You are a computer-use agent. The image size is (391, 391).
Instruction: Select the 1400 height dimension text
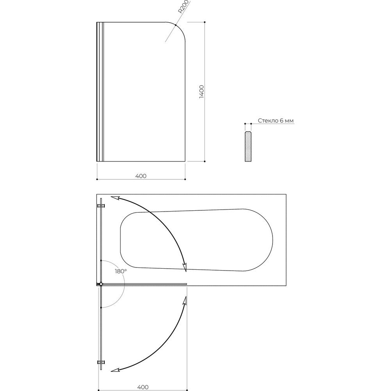[x=201, y=91]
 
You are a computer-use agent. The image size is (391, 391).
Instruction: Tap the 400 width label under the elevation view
[x=141, y=176]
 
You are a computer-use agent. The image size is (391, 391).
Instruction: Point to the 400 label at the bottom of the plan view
[x=143, y=387]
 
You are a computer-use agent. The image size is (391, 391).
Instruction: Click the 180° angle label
[x=121, y=271]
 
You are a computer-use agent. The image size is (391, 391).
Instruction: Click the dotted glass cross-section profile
[x=248, y=146]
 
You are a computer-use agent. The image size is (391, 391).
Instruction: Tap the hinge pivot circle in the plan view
[x=101, y=284]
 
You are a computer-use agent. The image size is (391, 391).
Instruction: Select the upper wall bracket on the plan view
[x=101, y=206]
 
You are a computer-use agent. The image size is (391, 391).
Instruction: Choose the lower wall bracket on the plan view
[x=101, y=362]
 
